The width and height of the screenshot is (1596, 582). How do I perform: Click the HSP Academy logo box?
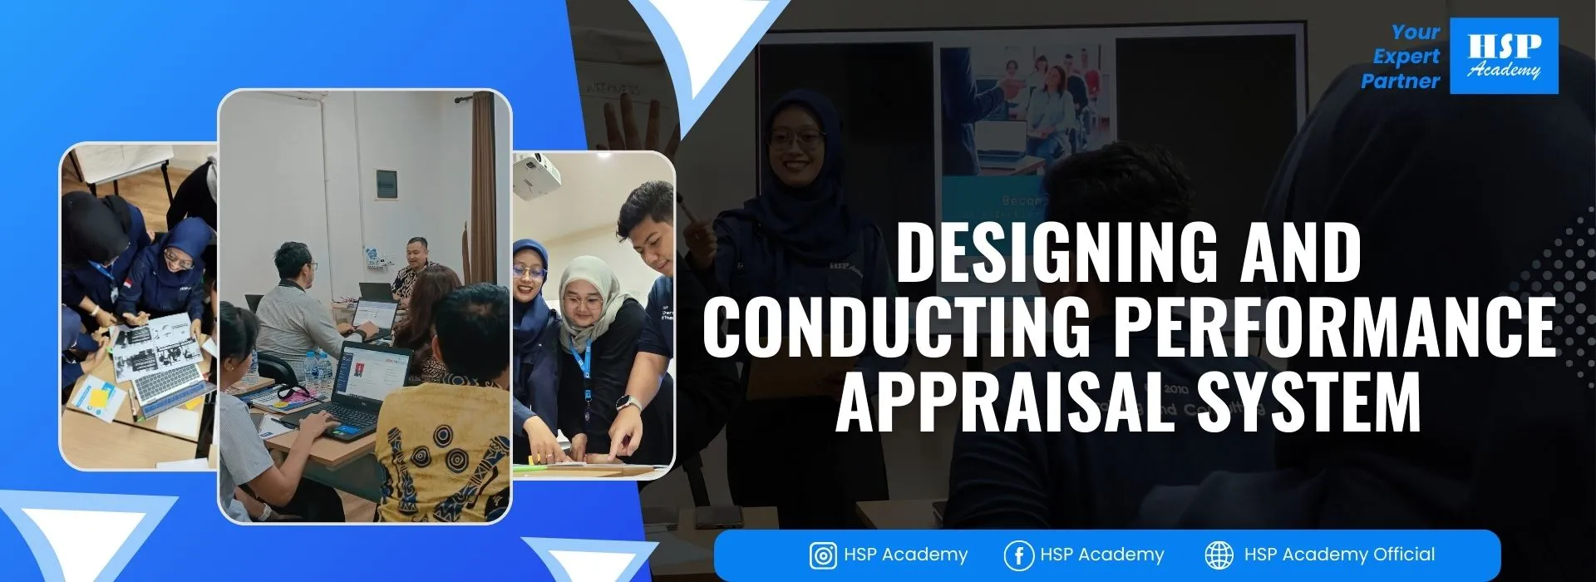[1504, 56]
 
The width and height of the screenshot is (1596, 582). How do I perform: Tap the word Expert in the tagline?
[1406, 57]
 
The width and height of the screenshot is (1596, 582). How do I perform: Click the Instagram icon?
[822, 555]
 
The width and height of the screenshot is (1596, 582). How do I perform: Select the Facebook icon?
[1017, 555]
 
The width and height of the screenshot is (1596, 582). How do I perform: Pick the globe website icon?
[1219, 555]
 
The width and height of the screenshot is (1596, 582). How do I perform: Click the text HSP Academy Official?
[1339, 555]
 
